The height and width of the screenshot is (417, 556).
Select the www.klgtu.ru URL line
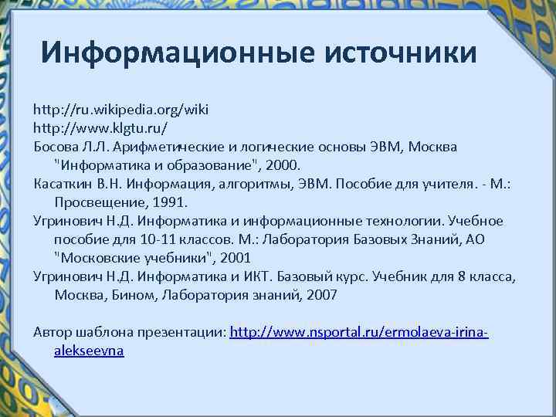(x=100, y=127)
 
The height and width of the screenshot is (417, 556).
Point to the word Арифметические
(x=167, y=146)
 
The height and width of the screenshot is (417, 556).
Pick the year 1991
(x=171, y=202)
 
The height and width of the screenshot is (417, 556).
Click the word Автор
(x=53, y=331)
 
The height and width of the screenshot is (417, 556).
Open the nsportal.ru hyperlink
(x=360, y=331)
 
